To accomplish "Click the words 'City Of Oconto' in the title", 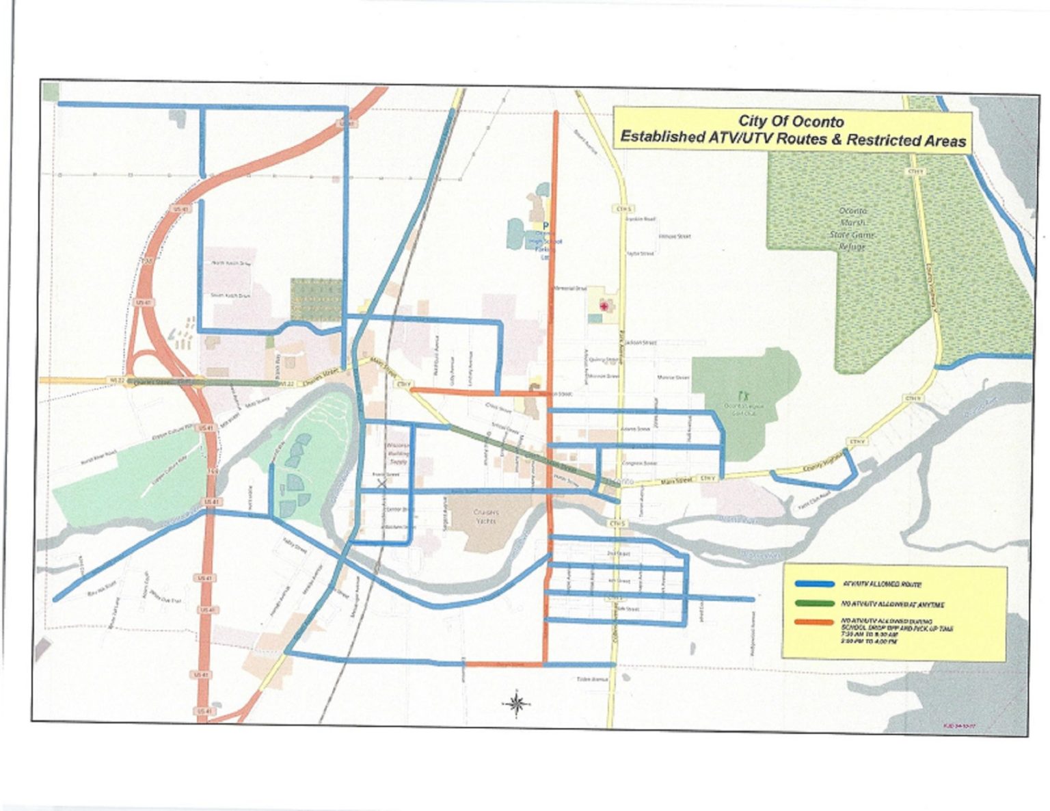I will pyautogui.click(x=792, y=122).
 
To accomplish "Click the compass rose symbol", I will pyautogui.click(x=517, y=702).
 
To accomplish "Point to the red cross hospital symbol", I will pyautogui.click(x=603, y=306).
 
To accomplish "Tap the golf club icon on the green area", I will pyautogui.click(x=743, y=395).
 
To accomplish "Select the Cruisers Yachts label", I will pyautogui.click(x=487, y=516).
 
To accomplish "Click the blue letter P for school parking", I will pyautogui.click(x=546, y=226).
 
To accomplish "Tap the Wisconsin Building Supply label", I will pyautogui.click(x=398, y=453).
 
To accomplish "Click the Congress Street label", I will pyautogui.click(x=639, y=463).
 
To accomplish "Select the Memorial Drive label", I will pyautogui.click(x=569, y=289).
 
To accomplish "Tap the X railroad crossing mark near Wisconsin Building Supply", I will pyautogui.click(x=381, y=483).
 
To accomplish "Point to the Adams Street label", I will pyautogui.click(x=635, y=429).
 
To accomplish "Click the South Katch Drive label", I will pyautogui.click(x=230, y=295).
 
